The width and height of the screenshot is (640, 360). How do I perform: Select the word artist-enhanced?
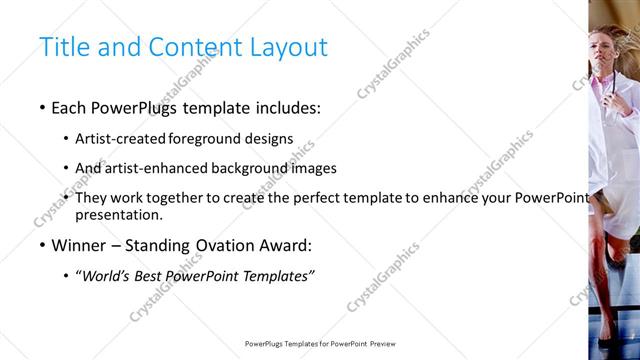[x=151, y=169]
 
